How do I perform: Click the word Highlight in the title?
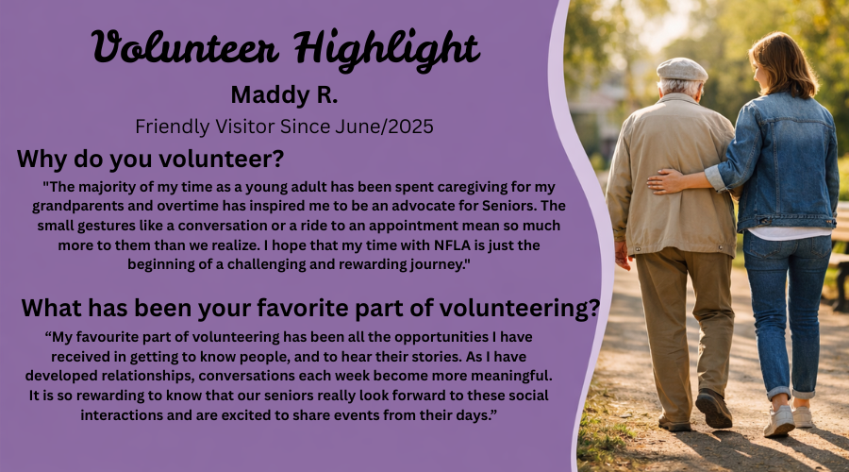coord(387,49)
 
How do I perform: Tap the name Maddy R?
coord(284,94)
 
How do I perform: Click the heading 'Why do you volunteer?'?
coord(151,159)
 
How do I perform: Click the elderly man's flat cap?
coord(682,70)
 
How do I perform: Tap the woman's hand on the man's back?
coord(665,181)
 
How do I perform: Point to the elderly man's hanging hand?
coord(623,255)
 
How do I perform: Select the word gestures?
coord(106,226)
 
